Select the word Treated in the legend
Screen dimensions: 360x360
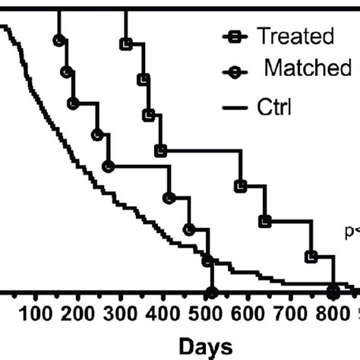coord(295,36)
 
